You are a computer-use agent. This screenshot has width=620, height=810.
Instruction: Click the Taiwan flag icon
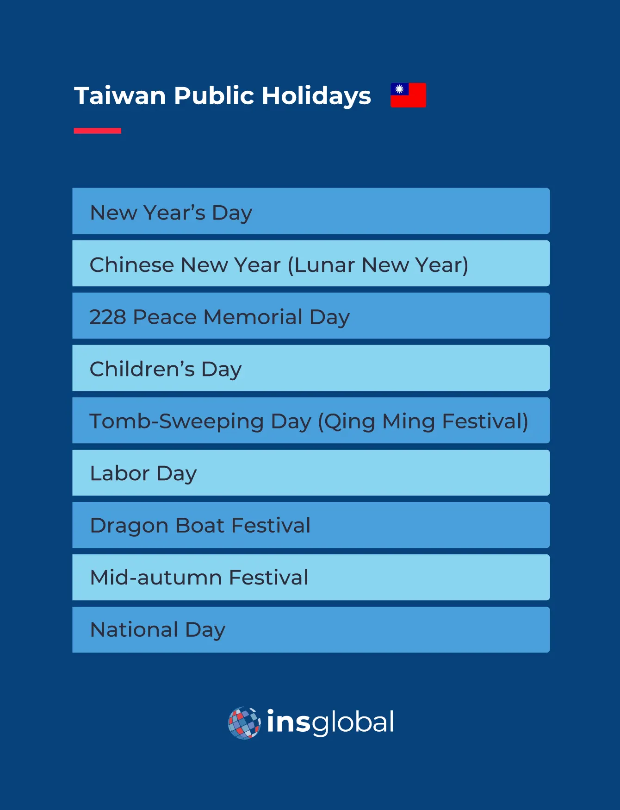408,95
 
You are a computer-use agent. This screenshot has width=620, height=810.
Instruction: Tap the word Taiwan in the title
120,96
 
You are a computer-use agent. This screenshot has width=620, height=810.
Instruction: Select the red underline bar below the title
97,131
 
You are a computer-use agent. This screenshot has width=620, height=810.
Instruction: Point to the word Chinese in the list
131,265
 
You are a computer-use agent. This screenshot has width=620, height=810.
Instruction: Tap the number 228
107,317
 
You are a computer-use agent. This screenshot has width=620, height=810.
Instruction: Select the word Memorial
253,317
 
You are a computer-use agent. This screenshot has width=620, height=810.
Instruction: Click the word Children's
142,369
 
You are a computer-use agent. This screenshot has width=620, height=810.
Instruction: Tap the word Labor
119,473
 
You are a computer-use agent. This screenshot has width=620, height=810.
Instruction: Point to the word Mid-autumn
156,578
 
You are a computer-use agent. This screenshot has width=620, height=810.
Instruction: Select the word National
134,630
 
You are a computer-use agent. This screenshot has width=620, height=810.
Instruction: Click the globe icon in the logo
244,722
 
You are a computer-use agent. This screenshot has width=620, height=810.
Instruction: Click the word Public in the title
214,96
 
